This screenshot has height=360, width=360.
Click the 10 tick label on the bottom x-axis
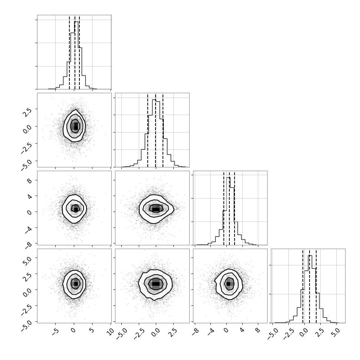point(111,332)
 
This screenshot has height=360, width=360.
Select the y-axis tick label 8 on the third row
point(29,181)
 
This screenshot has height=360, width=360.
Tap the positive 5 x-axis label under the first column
point(92,330)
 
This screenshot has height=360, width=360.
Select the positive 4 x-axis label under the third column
point(242,330)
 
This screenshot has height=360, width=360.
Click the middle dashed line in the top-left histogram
point(75,52)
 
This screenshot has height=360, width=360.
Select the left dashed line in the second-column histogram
point(148,130)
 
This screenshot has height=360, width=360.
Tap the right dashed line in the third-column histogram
point(235,208)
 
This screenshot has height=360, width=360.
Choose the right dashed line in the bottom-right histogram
point(316,286)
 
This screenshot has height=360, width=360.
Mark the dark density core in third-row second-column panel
point(156,209)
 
